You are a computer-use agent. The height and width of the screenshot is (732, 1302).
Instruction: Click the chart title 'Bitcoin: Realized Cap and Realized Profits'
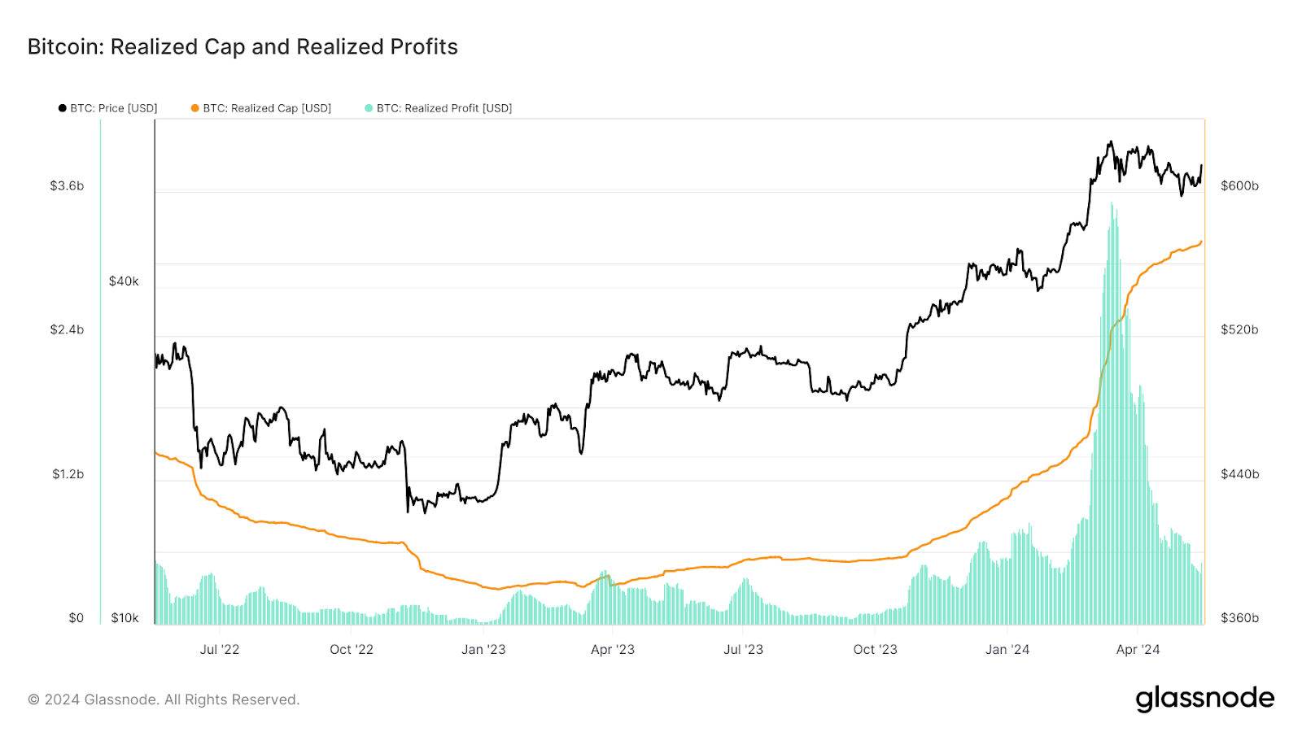pyautogui.click(x=242, y=47)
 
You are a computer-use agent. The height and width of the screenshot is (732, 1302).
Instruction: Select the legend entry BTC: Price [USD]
pyautogui.click(x=108, y=108)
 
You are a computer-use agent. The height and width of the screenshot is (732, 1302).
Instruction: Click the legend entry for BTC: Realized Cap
pyautogui.click(x=261, y=108)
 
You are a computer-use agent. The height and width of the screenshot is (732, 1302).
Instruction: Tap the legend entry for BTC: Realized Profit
pyautogui.click(x=439, y=108)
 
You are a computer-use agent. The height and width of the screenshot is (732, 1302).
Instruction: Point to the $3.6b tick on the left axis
pyautogui.click(x=67, y=186)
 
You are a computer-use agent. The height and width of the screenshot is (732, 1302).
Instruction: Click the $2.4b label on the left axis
pyautogui.click(x=67, y=330)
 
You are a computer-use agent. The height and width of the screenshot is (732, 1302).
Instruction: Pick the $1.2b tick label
pyautogui.click(x=68, y=474)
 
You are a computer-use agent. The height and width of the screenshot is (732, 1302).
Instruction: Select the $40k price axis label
pyautogui.click(x=124, y=281)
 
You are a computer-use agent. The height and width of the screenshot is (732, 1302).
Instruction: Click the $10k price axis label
pyautogui.click(x=125, y=618)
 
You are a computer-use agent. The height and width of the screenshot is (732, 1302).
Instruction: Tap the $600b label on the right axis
pyautogui.click(x=1239, y=186)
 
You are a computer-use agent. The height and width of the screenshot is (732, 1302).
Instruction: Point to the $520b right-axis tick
pyautogui.click(x=1239, y=330)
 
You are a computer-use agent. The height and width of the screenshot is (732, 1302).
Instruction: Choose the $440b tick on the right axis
pyautogui.click(x=1239, y=474)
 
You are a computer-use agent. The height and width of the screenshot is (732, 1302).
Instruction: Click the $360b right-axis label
pyautogui.click(x=1239, y=618)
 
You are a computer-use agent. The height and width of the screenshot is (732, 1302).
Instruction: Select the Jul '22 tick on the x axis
pyautogui.click(x=220, y=650)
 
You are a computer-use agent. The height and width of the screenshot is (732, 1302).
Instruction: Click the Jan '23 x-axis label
pyautogui.click(x=483, y=650)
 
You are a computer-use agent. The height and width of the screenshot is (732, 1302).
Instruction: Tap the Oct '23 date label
pyautogui.click(x=875, y=650)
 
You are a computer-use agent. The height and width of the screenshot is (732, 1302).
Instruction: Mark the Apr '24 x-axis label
pyautogui.click(x=1138, y=650)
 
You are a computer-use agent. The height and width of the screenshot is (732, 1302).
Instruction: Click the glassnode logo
pyautogui.click(x=1204, y=699)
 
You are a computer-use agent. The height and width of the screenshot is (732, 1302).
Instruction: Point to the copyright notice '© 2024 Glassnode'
pyautogui.click(x=164, y=699)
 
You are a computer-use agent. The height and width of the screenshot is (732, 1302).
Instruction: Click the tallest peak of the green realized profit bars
pyautogui.click(x=1112, y=205)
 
